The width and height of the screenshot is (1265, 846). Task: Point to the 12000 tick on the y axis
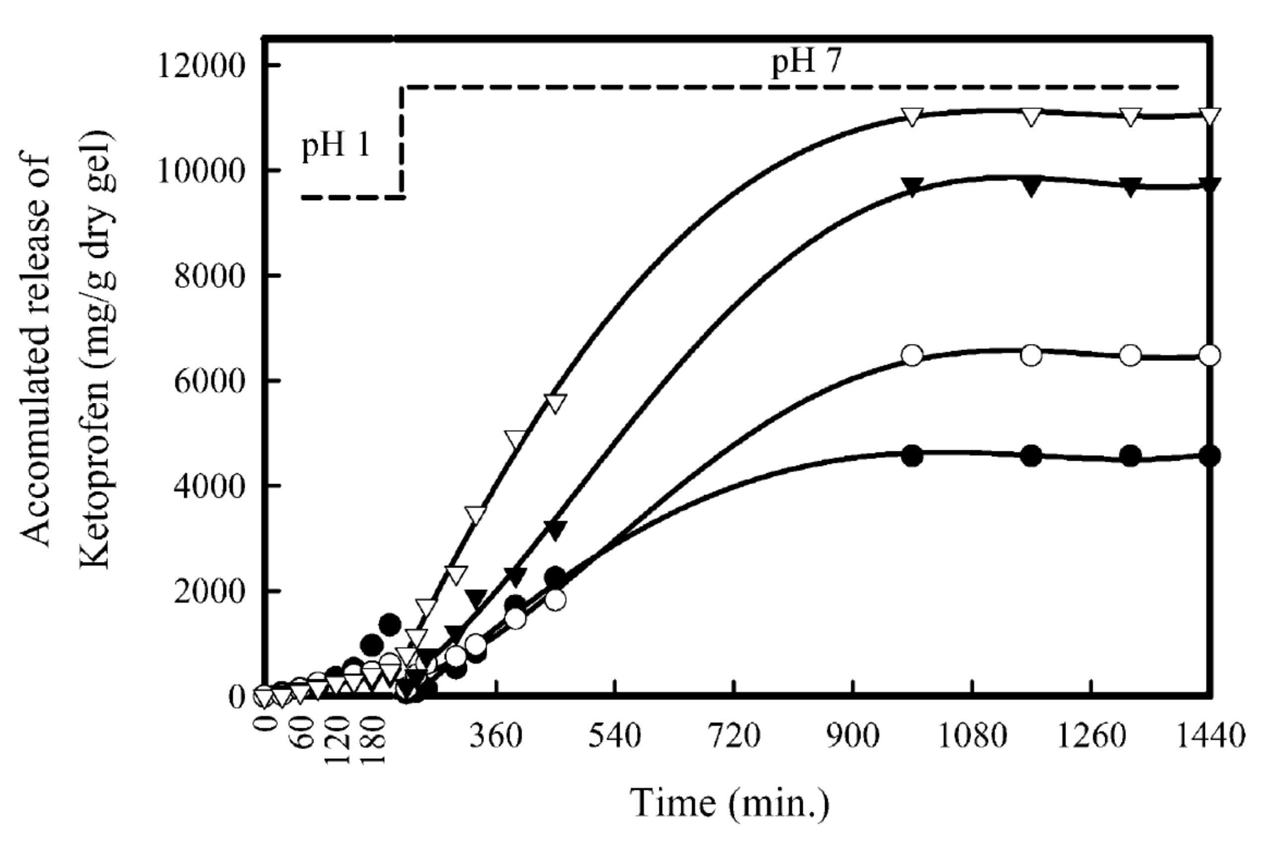[201, 66]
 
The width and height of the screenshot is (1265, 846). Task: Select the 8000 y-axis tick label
[210, 276]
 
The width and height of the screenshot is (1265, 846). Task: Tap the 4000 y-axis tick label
[210, 486]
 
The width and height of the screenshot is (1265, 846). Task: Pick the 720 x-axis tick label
[734, 736]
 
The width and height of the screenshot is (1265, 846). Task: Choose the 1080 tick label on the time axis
[972, 736]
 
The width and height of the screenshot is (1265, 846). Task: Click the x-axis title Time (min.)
[729, 803]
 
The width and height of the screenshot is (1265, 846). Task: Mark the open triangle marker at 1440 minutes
[1209, 116]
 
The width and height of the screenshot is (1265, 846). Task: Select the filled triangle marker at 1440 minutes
[1209, 186]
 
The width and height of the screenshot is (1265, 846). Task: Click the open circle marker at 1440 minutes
[1209, 355]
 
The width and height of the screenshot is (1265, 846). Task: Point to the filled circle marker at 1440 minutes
[1209, 456]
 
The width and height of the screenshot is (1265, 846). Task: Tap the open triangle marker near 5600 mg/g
[555, 403]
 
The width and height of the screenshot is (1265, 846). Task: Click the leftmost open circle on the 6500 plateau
[912, 355]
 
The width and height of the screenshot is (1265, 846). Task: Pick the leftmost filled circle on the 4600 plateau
[912, 456]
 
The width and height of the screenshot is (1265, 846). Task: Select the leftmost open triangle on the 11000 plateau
[912, 117]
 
